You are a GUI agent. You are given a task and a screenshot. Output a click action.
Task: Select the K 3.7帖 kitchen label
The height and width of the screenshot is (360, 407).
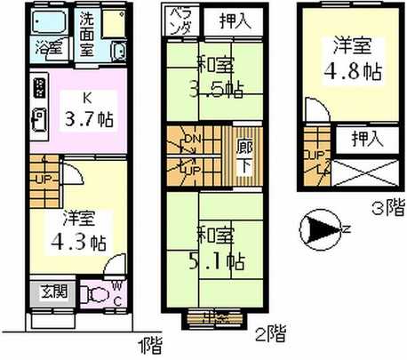88,107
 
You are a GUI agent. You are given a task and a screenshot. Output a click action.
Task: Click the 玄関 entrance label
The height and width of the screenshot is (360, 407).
53,292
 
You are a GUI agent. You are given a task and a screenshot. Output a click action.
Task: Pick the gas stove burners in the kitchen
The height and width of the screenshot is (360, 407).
39,90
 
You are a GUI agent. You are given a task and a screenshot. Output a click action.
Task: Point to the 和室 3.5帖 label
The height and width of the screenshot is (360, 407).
219,79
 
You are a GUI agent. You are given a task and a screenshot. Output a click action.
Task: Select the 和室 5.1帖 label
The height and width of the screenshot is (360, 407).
219,250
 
